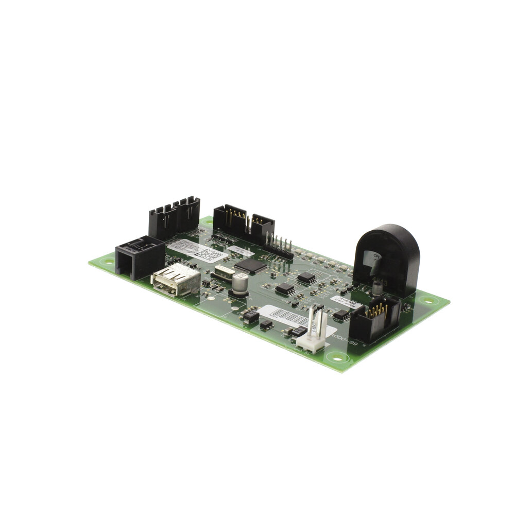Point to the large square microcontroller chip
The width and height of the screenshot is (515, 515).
[x=251, y=266]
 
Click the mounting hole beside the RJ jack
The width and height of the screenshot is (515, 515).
[x=108, y=261]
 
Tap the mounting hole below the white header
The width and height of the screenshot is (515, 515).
[x=337, y=356]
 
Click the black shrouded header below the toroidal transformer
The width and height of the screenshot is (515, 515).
[x=374, y=319]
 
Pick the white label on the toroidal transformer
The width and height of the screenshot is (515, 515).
[x=371, y=257]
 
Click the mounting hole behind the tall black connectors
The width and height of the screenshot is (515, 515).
[x=207, y=221]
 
